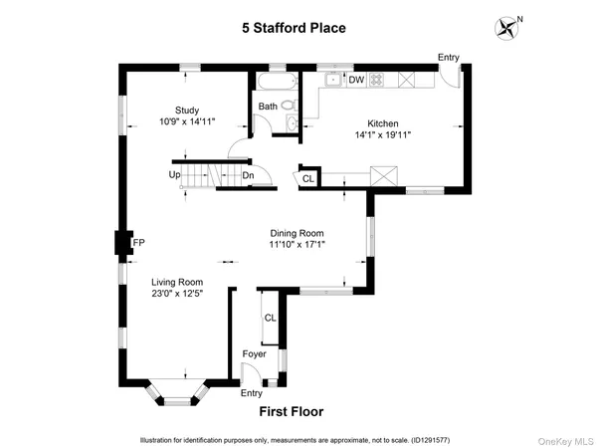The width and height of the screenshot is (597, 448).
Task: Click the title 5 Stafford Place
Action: click(294, 28)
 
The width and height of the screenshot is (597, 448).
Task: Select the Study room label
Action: click(188, 111)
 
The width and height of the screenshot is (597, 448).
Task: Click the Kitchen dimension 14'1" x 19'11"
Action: click(384, 136)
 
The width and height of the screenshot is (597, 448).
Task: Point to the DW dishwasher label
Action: click(355, 81)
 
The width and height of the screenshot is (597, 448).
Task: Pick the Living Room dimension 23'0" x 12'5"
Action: click(177, 294)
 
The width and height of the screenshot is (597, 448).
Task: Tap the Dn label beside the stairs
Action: click(249, 176)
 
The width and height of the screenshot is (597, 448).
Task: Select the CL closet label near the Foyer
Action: click(270, 318)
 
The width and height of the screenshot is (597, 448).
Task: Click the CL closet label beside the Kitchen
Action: click(307, 179)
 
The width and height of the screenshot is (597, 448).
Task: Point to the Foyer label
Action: click(256, 354)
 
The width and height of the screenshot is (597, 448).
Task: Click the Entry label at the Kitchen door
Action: click(448, 58)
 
